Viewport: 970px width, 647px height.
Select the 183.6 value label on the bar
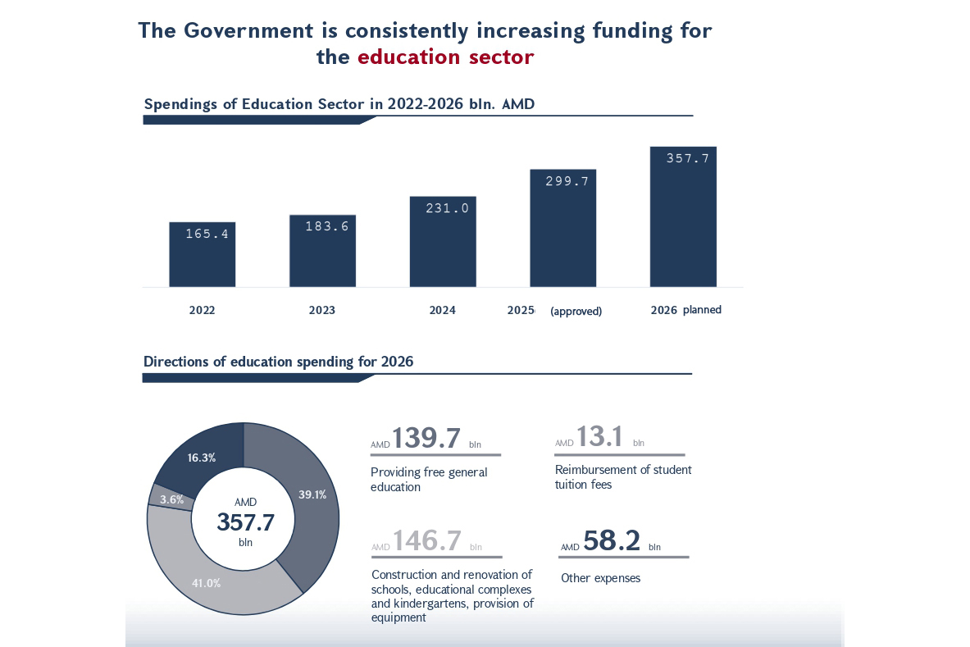327,226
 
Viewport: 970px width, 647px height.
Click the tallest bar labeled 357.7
683,221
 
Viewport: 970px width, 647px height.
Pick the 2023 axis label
321,311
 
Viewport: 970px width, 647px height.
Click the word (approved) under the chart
576,312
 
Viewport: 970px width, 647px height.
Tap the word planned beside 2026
702,310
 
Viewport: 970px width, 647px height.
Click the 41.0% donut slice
207,582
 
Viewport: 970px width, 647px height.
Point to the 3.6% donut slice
171,499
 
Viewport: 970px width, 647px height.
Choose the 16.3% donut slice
201,458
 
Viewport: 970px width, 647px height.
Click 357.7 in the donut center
245,522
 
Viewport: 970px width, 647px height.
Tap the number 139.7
426,438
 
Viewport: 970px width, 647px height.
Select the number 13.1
599,437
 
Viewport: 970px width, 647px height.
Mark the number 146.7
427,540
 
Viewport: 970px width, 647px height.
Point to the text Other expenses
600,578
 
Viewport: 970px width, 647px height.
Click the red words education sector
446,57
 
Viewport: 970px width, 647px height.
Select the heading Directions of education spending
278,362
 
